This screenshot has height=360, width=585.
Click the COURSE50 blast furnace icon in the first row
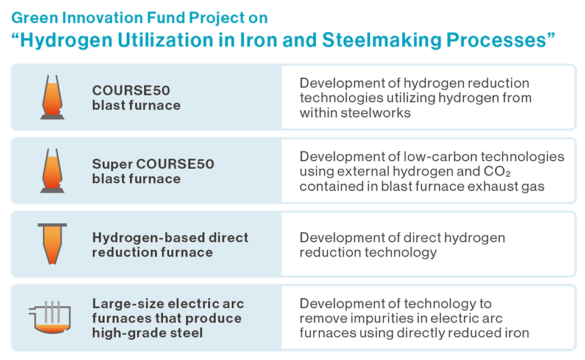[52, 97]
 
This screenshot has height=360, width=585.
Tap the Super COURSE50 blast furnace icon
[52, 171]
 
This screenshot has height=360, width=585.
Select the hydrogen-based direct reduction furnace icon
[52, 244]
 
